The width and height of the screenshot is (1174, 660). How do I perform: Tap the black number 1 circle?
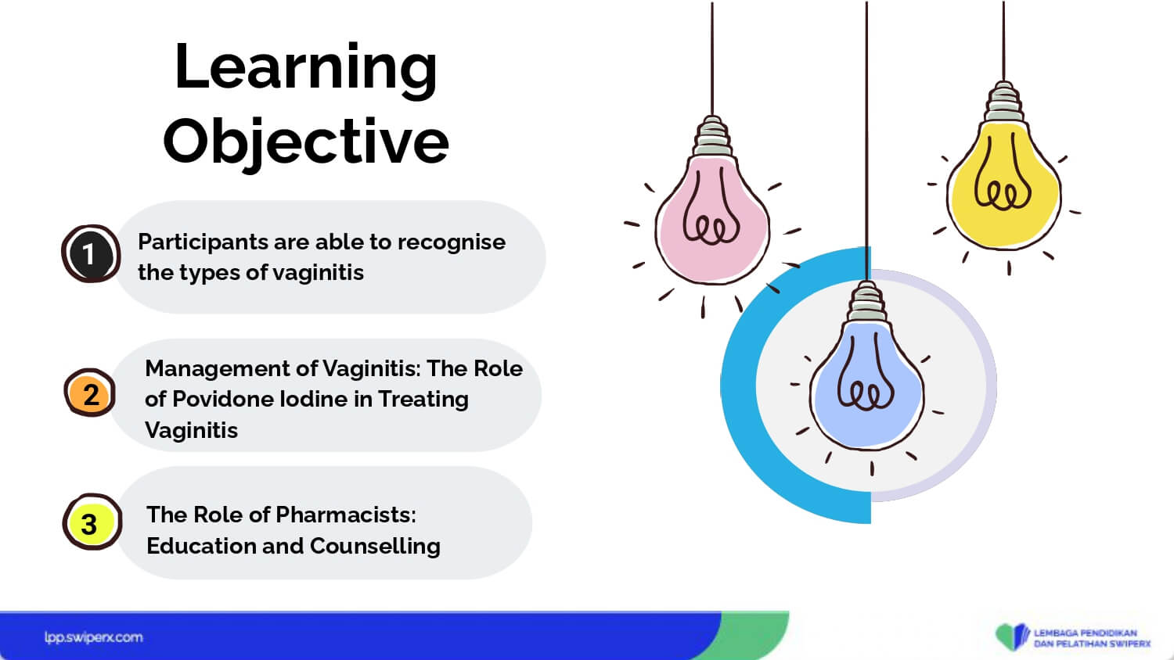pyautogui.click(x=92, y=254)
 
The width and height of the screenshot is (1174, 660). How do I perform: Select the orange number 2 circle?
pyautogui.click(x=90, y=393)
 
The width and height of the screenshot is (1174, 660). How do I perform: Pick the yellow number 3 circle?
pyautogui.click(x=92, y=522)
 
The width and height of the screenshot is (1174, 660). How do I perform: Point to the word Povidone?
pyautogui.click(x=224, y=399)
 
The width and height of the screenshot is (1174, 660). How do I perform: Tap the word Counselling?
pyautogui.click(x=375, y=546)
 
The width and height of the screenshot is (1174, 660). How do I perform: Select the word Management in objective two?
pyautogui.click(x=217, y=369)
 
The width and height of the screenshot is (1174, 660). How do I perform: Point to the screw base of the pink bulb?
pyautogui.click(x=711, y=136)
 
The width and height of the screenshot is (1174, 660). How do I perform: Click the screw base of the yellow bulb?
pyautogui.click(x=1003, y=102)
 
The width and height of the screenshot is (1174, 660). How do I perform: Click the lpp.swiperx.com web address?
pyautogui.click(x=94, y=637)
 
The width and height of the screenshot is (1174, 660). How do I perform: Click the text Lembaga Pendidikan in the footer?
pyautogui.click(x=1086, y=633)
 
